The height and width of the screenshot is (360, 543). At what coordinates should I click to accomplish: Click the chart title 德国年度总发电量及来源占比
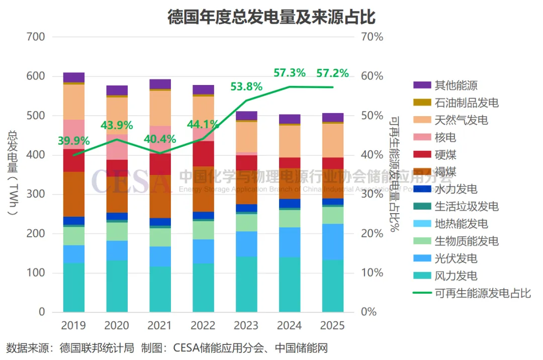271,17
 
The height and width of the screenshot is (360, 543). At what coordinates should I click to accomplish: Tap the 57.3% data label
289,73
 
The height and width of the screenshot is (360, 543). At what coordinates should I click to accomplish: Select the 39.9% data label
73,141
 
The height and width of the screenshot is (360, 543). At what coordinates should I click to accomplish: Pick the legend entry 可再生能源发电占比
483,293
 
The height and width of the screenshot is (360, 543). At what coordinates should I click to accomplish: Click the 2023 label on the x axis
246,326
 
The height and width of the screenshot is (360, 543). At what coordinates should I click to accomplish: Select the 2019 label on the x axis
73,326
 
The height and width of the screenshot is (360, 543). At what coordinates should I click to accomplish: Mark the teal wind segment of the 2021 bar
160,289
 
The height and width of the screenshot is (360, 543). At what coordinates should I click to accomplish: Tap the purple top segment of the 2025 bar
333,117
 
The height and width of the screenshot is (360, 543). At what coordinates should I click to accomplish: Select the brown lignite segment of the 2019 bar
73,194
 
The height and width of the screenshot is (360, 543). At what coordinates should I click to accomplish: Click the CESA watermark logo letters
132,181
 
